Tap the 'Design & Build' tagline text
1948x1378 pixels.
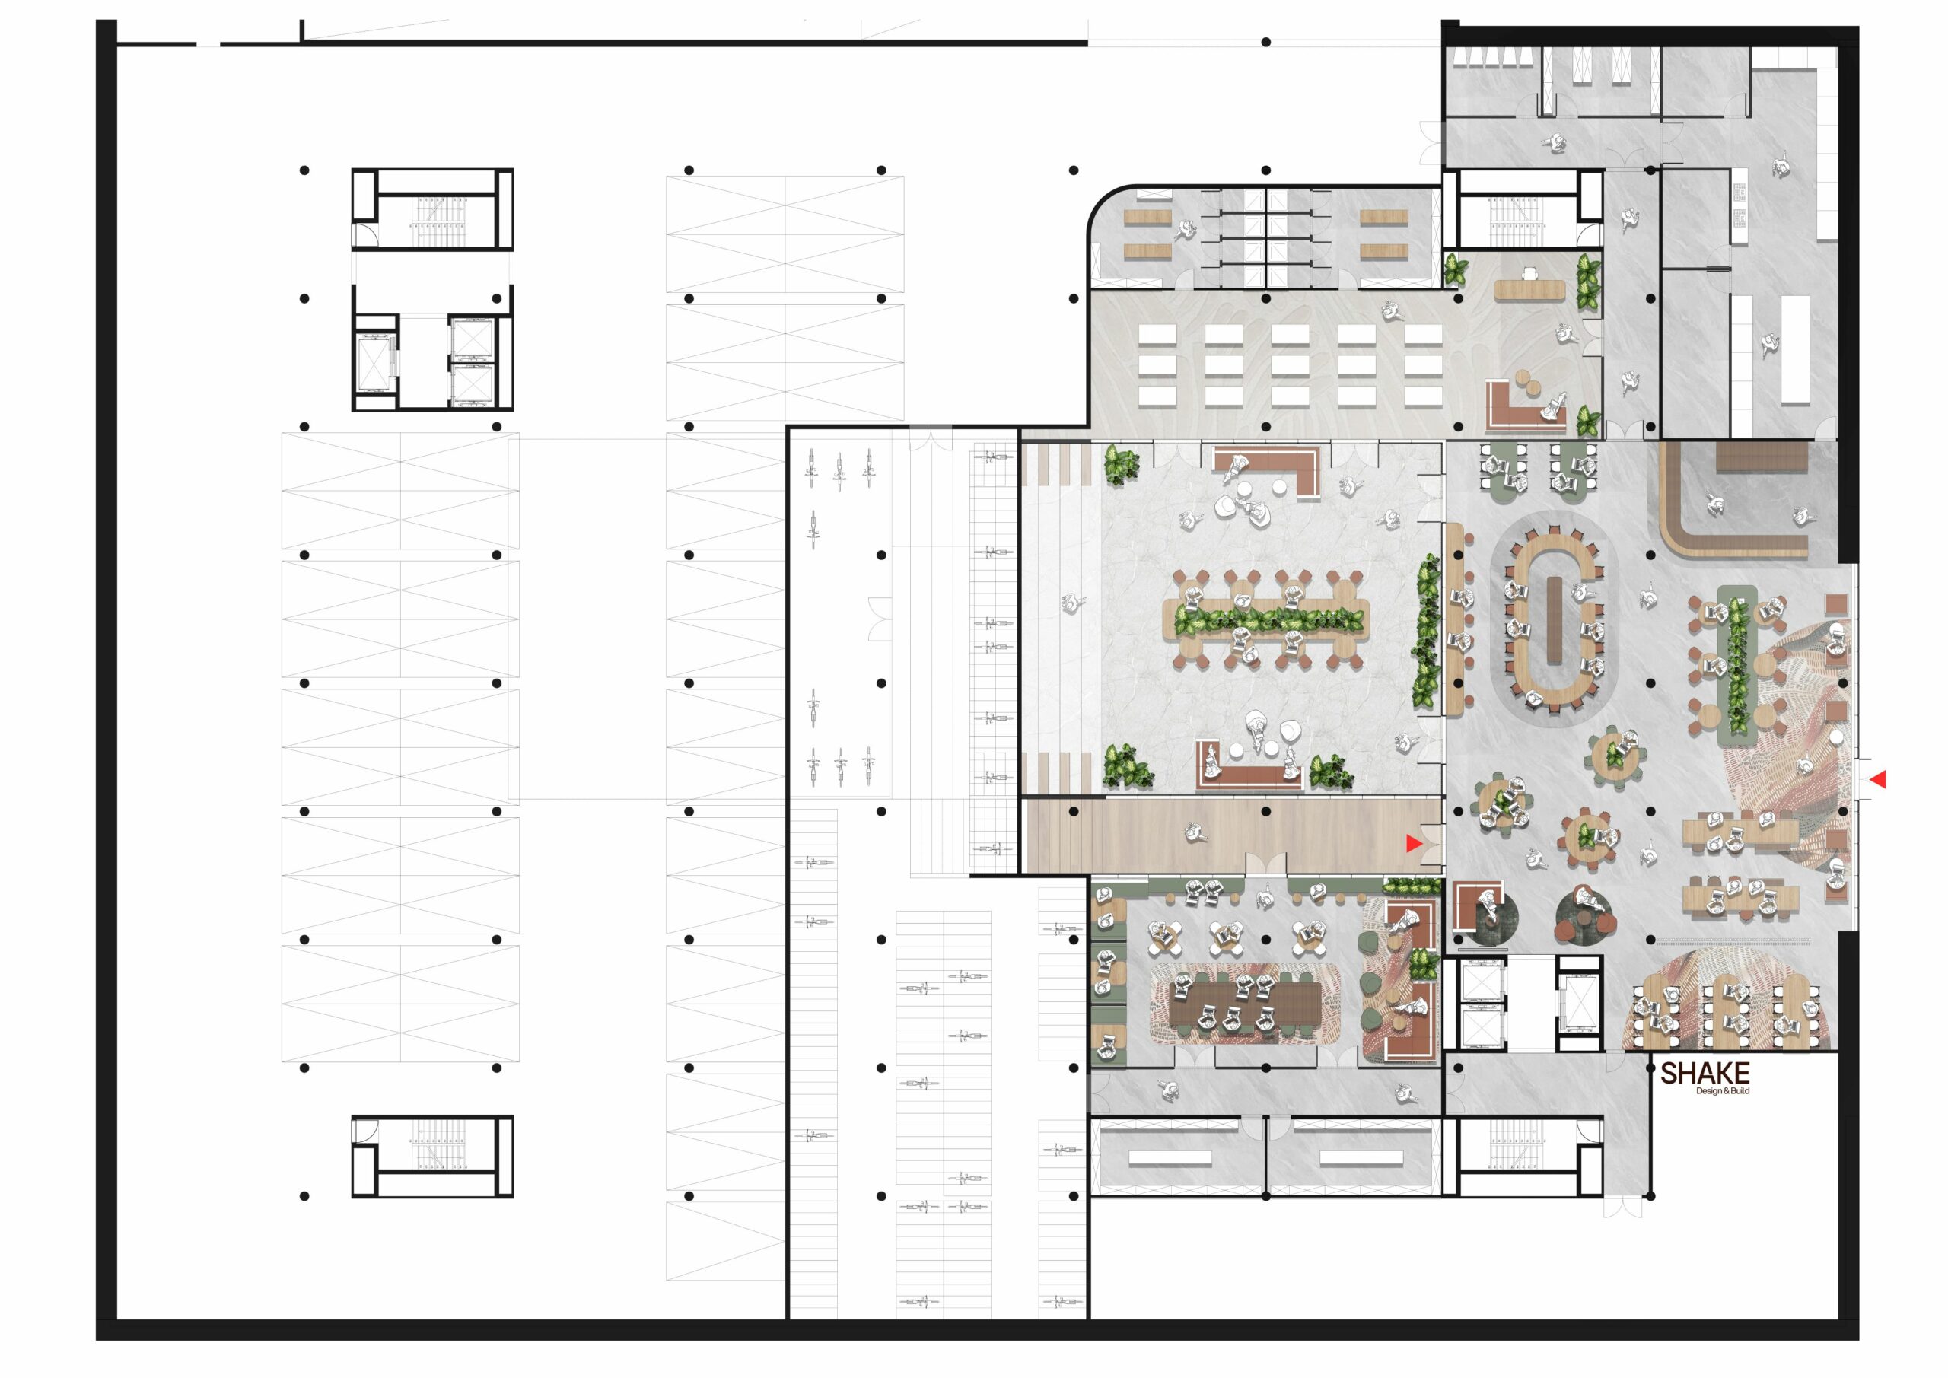[x=1722, y=1091]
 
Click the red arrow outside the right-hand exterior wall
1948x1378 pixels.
[x=1879, y=779]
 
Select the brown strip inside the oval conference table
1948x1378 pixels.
[x=1555, y=620]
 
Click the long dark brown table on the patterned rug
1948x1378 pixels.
[x=1245, y=1004]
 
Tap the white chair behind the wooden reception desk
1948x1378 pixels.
[x=1529, y=273]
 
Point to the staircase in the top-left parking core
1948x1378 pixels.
[x=436, y=222]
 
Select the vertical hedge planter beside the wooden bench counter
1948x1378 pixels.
[x=1426, y=632]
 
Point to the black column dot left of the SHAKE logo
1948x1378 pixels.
[x=1650, y=1068]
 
